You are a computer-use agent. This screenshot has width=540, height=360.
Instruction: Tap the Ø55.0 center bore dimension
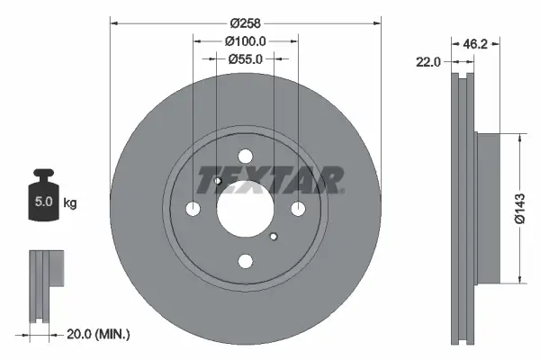(246, 58)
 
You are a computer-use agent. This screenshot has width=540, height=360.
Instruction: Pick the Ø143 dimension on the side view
(519, 209)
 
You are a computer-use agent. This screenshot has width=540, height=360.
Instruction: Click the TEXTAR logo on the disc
(270, 179)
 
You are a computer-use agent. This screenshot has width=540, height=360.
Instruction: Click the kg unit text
(69, 202)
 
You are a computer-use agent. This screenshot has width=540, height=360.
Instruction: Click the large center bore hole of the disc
(246, 209)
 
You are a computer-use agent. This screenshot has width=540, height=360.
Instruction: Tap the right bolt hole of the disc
(298, 209)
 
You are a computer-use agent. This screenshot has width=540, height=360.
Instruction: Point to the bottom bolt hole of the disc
(246, 261)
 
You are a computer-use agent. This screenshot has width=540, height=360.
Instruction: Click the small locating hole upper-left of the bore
(218, 181)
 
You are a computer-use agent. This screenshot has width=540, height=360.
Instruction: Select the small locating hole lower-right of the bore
(274, 237)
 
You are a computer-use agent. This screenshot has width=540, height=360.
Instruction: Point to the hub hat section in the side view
(487, 209)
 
